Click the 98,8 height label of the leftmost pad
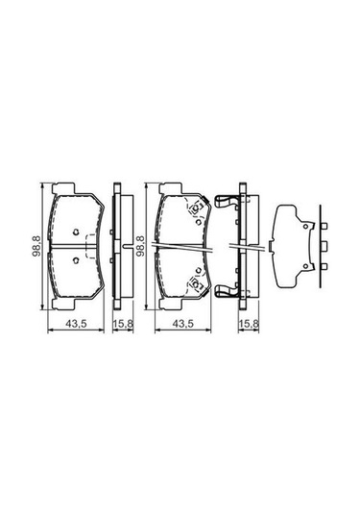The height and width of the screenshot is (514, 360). click(36, 246)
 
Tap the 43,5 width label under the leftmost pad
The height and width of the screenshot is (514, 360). click(76, 324)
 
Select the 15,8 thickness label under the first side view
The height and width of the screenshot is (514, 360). click(123, 324)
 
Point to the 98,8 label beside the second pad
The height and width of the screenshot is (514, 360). click(140, 246)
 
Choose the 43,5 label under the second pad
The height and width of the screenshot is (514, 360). click(183, 324)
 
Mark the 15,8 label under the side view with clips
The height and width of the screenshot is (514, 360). click(249, 324)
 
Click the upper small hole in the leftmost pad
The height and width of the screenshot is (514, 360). click(76, 233)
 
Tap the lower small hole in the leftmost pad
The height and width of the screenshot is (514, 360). click(76, 260)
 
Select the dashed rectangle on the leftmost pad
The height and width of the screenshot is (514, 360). click(89, 246)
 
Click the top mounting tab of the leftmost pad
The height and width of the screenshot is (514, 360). click(64, 188)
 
